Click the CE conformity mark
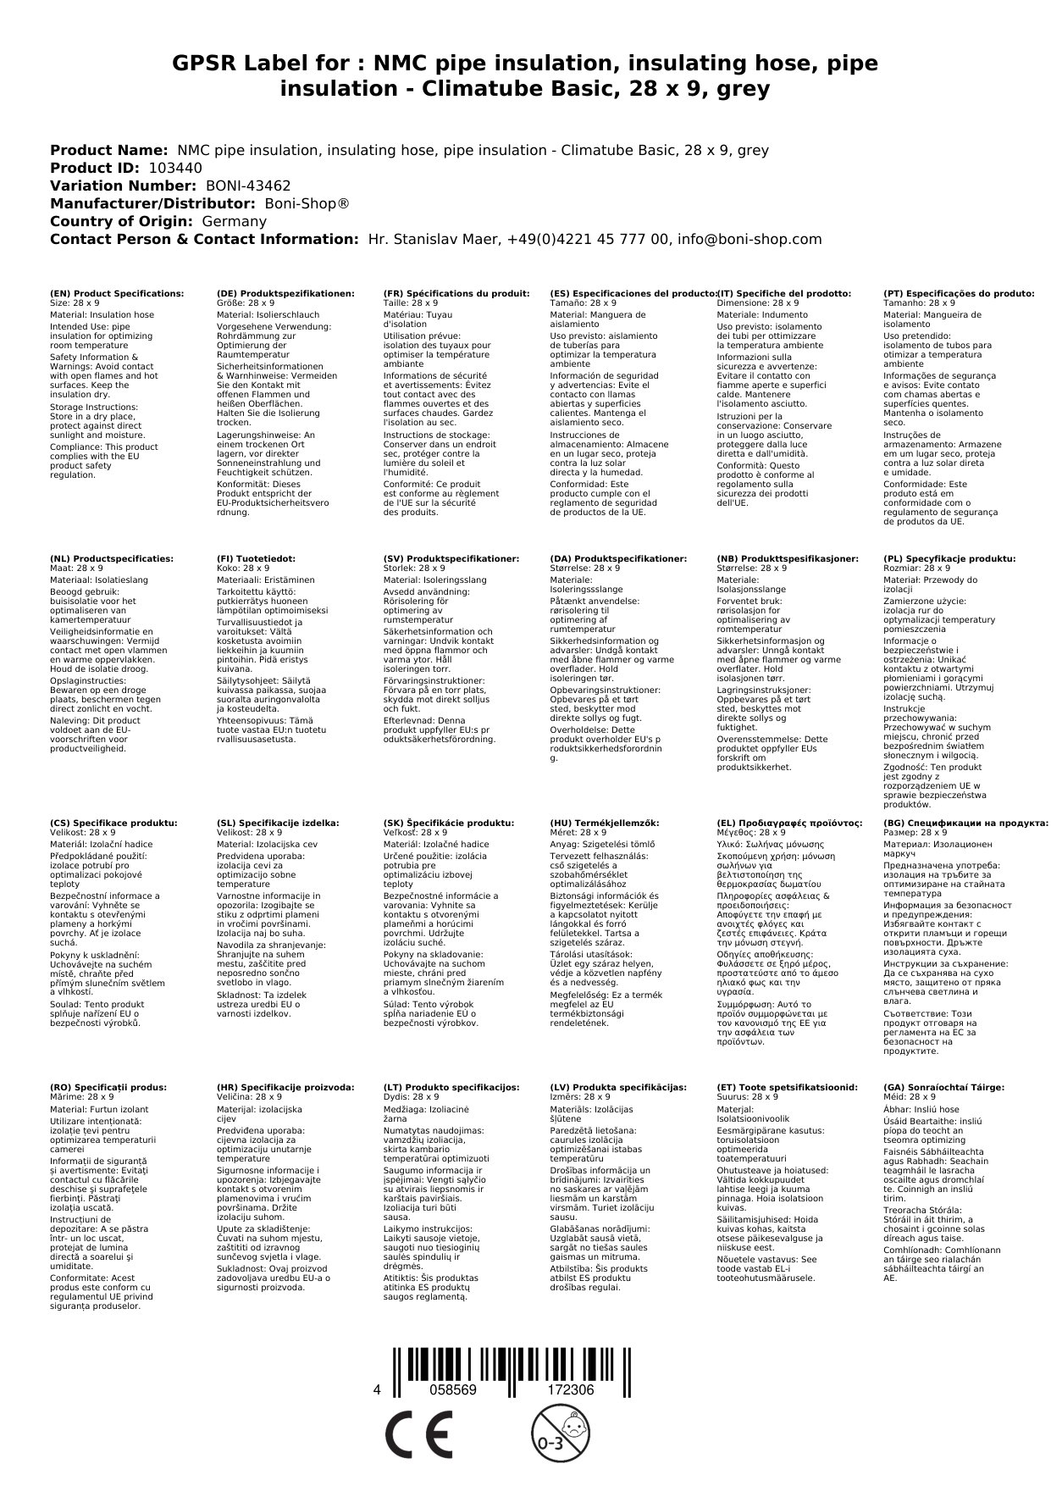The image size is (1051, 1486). click(x=418, y=1435)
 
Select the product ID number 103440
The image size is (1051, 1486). click(x=175, y=168)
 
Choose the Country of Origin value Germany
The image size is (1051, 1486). click(x=234, y=221)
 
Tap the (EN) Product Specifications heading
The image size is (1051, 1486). click(x=117, y=293)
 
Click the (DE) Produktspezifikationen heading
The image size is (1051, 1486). click(x=285, y=293)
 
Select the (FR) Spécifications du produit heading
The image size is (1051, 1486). click(x=456, y=293)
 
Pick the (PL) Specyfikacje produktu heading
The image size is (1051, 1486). click(x=949, y=559)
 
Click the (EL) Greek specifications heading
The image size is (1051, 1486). click(x=789, y=823)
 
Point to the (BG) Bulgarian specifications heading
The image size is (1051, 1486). click(x=965, y=823)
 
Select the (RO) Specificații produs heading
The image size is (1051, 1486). click(x=108, y=1087)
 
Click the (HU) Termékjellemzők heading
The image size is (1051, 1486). click(x=605, y=823)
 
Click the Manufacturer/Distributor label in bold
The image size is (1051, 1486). click(x=152, y=203)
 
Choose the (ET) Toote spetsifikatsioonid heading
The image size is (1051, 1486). click(x=787, y=1087)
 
